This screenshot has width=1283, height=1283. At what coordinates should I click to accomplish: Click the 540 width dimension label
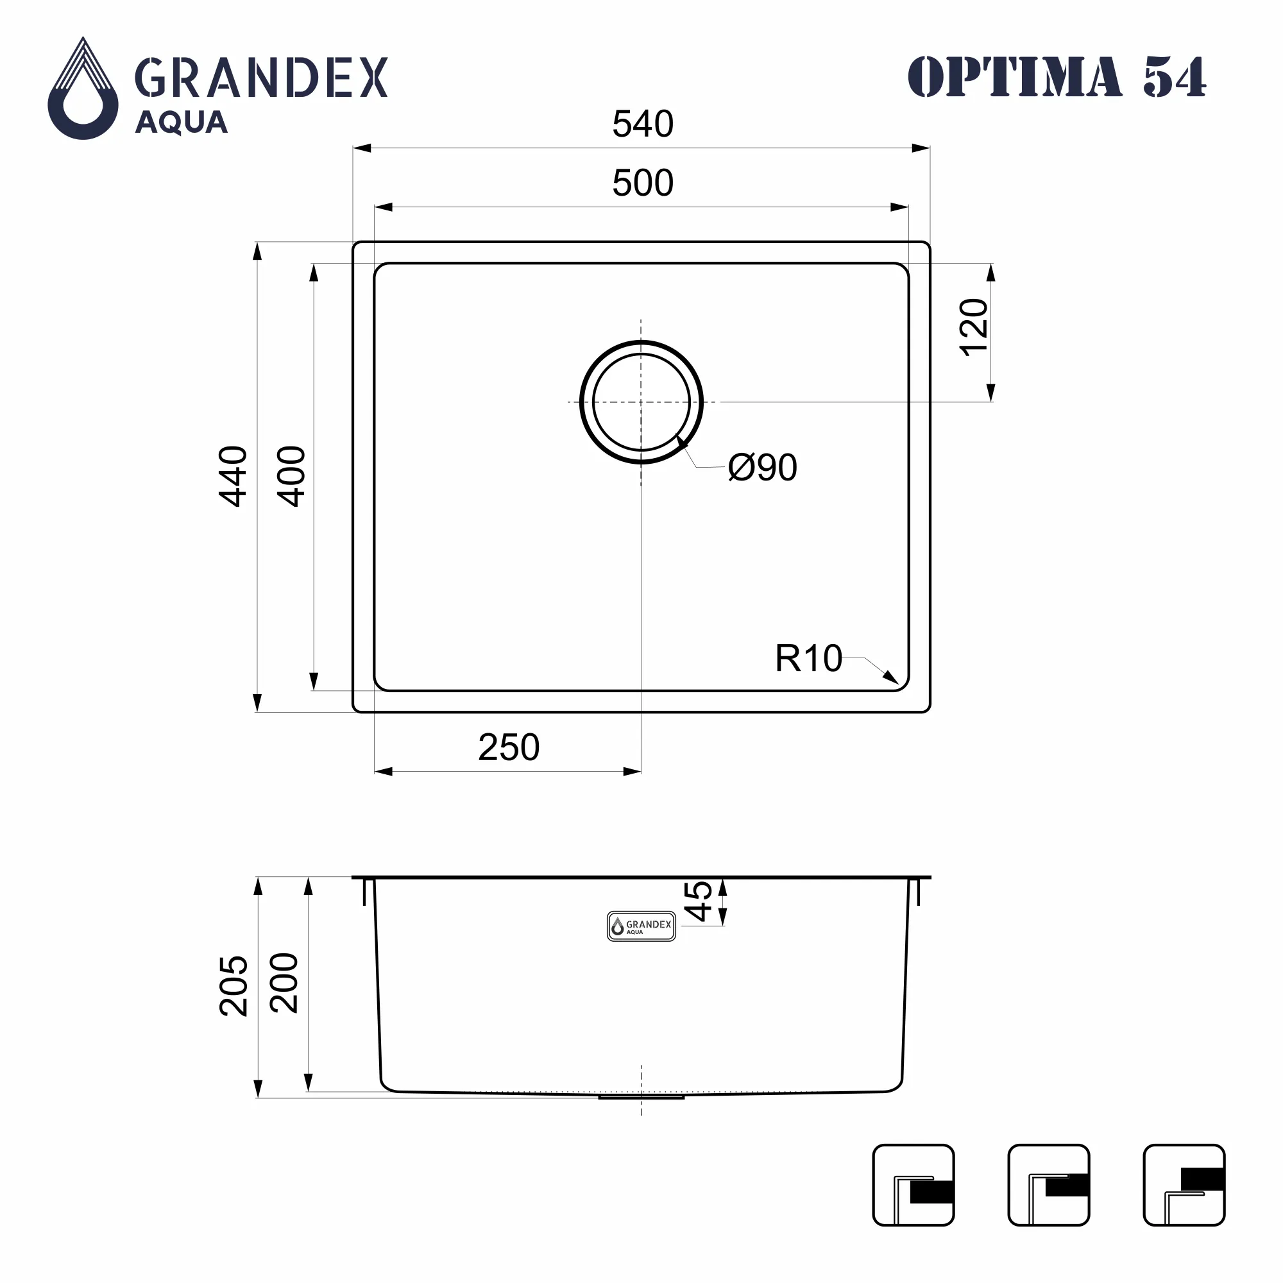coord(642,124)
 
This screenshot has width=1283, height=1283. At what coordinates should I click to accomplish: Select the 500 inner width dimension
coord(642,183)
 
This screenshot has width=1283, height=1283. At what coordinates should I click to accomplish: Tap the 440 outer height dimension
coord(233,476)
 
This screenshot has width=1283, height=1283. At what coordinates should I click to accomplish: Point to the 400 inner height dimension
coord(291,476)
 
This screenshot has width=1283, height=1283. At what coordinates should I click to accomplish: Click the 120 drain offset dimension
coord(974,327)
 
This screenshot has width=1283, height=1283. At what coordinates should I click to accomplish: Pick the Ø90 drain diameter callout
coord(762,468)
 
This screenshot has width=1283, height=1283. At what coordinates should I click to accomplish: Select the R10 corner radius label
coord(808,658)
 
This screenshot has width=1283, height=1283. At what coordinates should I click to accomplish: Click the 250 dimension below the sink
coord(509,747)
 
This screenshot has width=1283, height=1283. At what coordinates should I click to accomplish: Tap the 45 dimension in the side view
coord(698,901)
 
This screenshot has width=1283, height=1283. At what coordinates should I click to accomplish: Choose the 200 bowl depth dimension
coord(284,983)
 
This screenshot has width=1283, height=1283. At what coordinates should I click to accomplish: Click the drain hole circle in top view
coord(641,402)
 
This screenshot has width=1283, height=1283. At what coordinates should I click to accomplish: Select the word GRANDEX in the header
coord(261,78)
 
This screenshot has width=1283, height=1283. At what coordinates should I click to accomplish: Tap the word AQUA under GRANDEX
coord(182,123)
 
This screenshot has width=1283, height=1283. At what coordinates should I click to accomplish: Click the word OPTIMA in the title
coord(1014,77)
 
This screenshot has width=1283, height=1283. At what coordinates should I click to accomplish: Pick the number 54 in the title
coord(1174,77)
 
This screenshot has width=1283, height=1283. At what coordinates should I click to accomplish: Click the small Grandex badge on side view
coord(641,926)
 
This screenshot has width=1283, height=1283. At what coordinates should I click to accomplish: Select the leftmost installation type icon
coord(913,1185)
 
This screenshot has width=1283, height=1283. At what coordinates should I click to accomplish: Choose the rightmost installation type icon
coord(1184,1185)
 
